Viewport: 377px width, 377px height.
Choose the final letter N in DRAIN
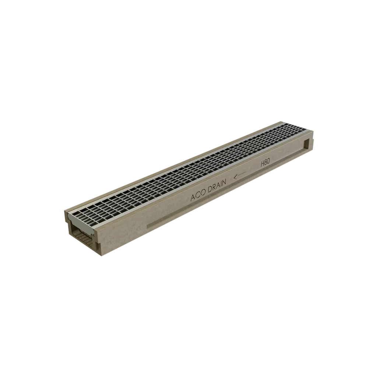224,183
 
